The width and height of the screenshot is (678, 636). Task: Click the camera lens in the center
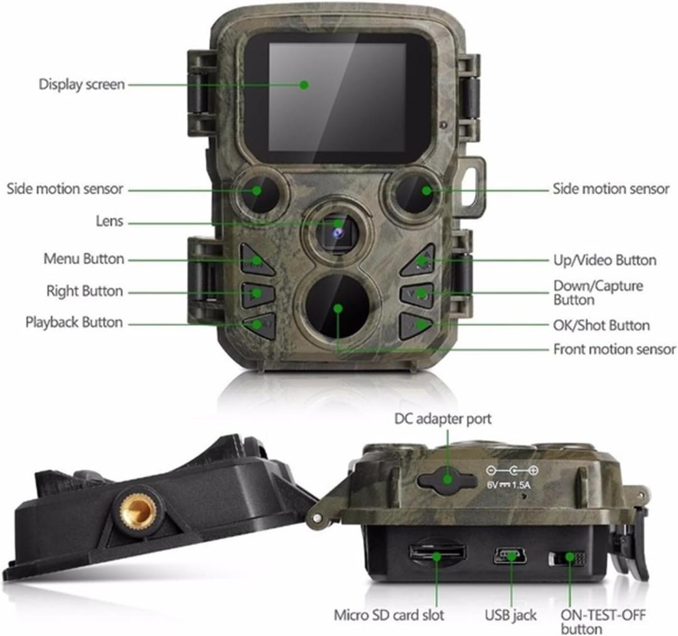point(338,231)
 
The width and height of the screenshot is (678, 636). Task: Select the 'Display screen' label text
point(82,84)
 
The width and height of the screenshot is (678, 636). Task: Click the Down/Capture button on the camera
point(418,294)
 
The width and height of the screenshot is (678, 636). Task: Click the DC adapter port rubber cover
point(446,478)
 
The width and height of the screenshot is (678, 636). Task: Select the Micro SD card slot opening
point(437,553)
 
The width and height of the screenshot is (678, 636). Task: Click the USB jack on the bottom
point(509,555)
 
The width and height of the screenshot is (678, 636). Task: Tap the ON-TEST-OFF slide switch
point(566,558)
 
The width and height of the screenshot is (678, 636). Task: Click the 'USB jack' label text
point(510,615)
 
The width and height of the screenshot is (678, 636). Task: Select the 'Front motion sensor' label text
point(614,349)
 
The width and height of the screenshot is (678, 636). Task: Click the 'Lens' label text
point(109,222)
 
